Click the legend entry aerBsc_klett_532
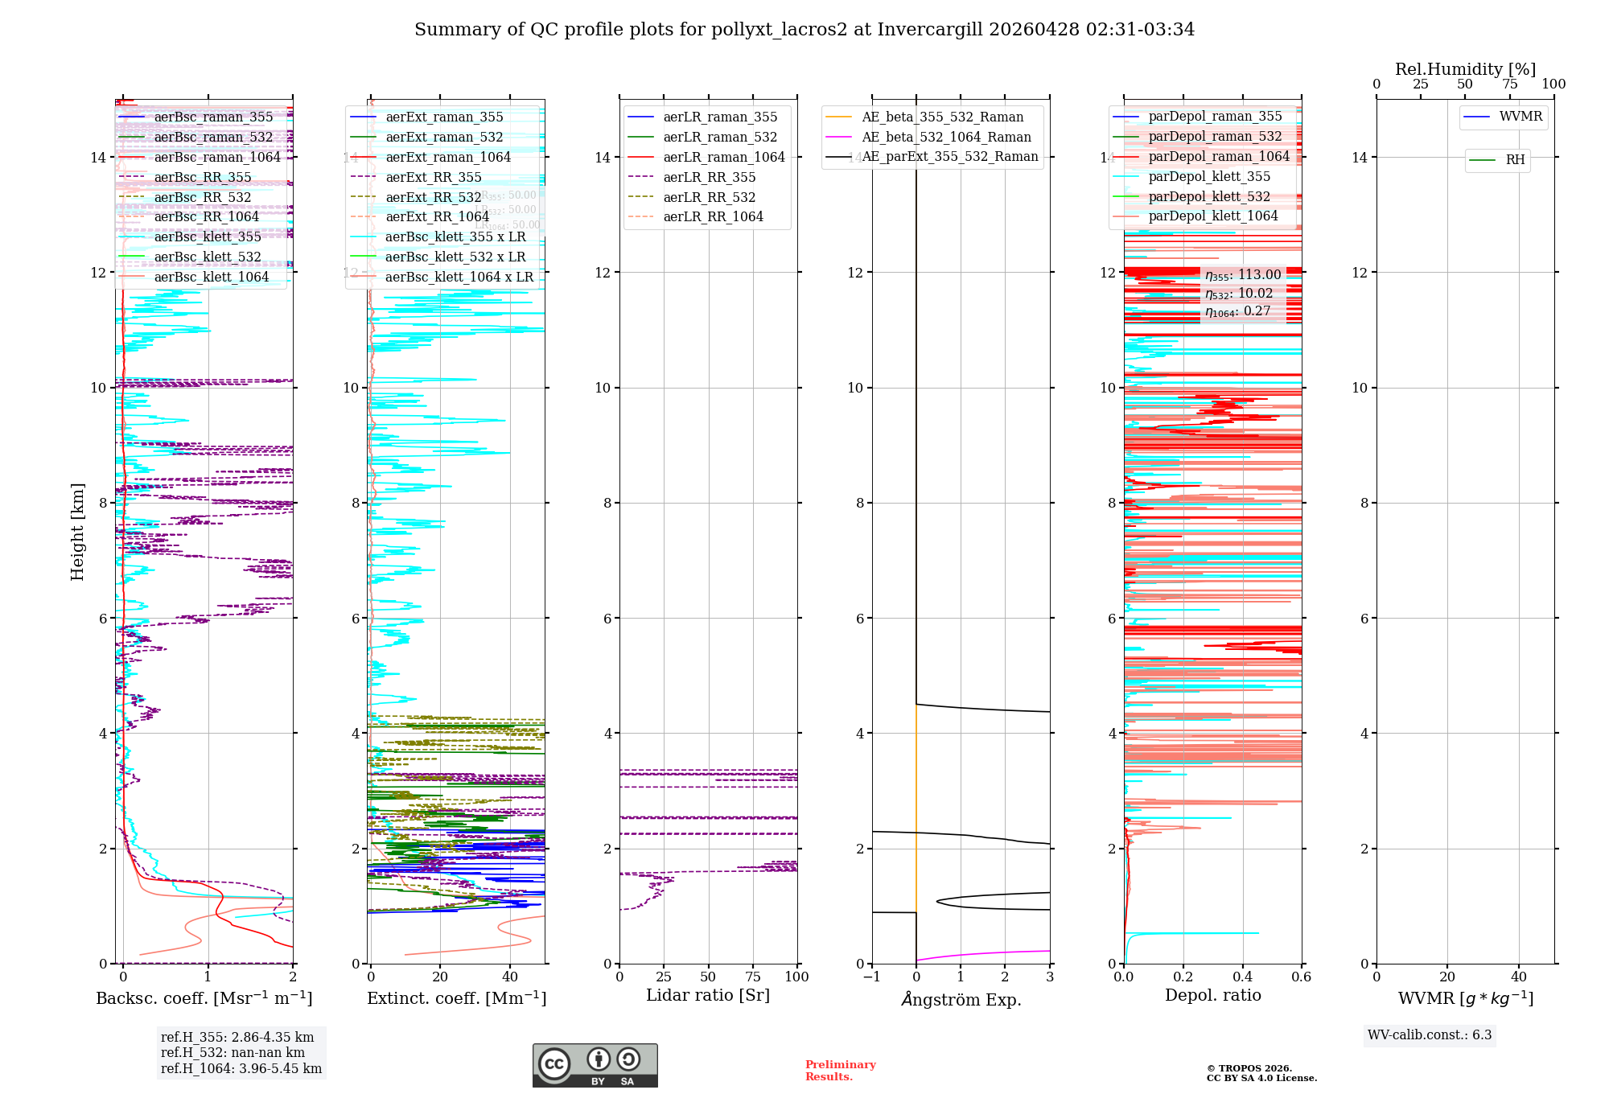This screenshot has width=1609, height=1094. pyautogui.click(x=208, y=257)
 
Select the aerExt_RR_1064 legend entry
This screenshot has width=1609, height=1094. pyautogui.click(x=437, y=217)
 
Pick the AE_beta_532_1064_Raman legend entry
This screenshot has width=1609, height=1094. pyautogui.click(x=946, y=137)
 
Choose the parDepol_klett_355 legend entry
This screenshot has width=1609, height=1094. pyautogui.click(x=1209, y=177)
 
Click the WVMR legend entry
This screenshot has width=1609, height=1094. pyautogui.click(x=1521, y=117)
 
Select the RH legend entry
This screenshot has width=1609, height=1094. pyautogui.click(x=1515, y=160)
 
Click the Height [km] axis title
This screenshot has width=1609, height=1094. pyautogui.click(x=77, y=531)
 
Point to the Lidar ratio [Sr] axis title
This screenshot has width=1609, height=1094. pyautogui.click(x=708, y=995)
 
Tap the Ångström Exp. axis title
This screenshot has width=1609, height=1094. pyautogui.click(x=961, y=999)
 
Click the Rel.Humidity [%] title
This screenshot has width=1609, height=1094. pyautogui.click(x=1465, y=69)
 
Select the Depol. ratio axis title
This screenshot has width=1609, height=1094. pyautogui.click(x=1212, y=995)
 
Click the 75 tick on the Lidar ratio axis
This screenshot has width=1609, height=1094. pyautogui.click(x=753, y=977)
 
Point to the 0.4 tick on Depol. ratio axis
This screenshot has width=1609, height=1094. pyautogui.click(x=1242, y=977)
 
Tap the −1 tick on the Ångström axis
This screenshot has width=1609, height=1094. pyautogui.click(x=872, y=977)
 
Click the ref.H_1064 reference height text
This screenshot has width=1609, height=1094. pyautogui.click(x=241, y=1068)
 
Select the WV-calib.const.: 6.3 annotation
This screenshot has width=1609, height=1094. pyautogui.click(x=1430, y=1035)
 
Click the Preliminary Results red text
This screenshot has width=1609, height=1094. pyautogui.click(x=840, y=1071)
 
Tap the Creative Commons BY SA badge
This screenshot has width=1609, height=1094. pyautogui.click(x=595, y=1065)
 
